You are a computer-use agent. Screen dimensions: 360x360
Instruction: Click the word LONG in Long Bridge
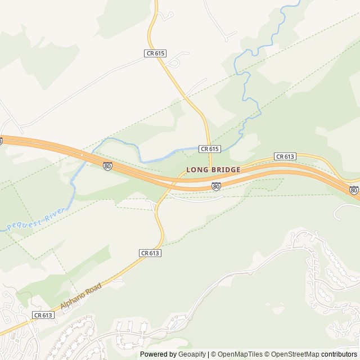pyautogui.click(x=197, y=170)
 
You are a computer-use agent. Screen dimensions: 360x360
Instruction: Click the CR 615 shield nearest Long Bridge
pyautogui.click(x=209, y=148)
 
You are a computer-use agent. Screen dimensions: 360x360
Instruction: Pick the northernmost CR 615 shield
pyautogui.click(x=155, y=53)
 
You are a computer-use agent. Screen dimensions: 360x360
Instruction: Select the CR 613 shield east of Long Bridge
pyautogui.click(x=285, y=156)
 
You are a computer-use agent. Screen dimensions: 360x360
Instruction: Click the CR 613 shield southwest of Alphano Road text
pyautogui.click(x=43, y=315)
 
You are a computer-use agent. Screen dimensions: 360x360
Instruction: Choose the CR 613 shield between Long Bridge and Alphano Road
pyautogui.click(x=150, y=253)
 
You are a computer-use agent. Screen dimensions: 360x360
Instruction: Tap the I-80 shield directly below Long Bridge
pyautogui.click(x=216, y=186)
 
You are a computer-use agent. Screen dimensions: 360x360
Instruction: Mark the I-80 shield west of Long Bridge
pyautogui.click(x=107, y=166)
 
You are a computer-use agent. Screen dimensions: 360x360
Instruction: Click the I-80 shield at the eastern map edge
pyautogui.click(x=353, y=190)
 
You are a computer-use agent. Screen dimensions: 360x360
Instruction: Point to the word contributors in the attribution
pyautogui.click(x=339, y=354)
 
